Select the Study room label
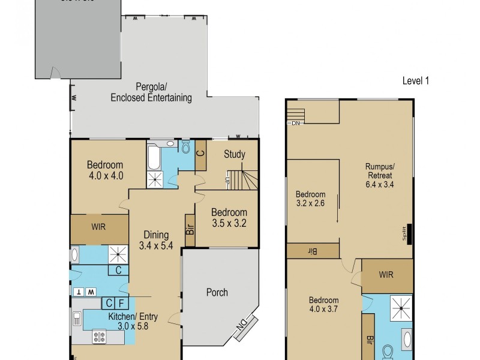235,154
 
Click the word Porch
217,292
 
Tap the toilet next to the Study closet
185,147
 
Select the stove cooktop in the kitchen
100,337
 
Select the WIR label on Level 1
386,274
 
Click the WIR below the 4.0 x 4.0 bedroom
99,227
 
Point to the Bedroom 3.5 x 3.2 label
229,218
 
